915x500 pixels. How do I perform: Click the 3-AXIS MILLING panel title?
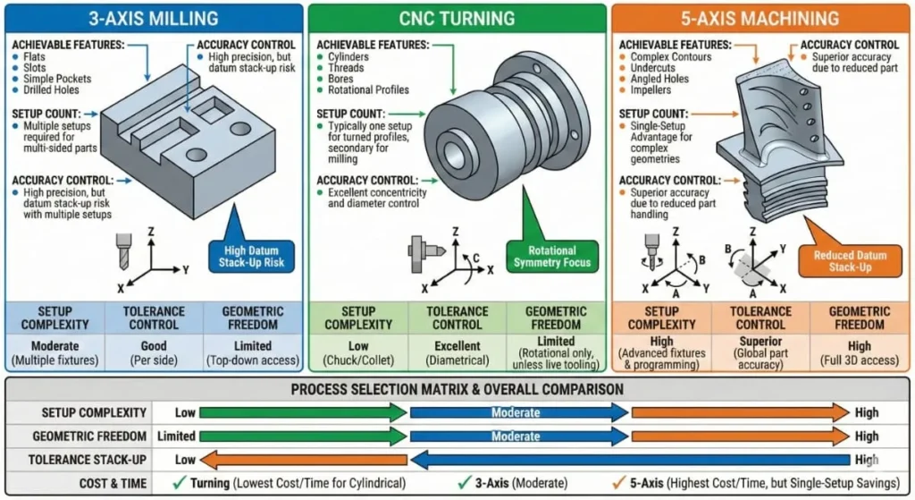pos(154,18)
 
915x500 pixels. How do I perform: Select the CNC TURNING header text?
pos(457,18)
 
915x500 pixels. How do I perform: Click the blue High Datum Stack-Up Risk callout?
pos(251,256)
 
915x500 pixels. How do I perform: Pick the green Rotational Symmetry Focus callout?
pos(551,256)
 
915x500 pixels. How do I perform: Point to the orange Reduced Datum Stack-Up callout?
pos(850,261)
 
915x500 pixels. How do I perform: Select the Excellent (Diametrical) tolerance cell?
pos(457,352)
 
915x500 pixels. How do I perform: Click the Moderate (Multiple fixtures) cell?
pos(55,352)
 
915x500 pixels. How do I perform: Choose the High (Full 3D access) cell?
pos(859,352)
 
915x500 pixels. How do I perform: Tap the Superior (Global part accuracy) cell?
pos(760,352)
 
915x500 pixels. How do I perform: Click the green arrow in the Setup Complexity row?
pos(303,412)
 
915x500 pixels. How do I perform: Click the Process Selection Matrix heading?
pos(457,389)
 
